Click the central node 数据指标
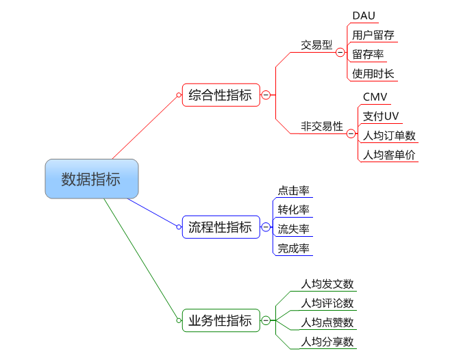click(x=92, y=179)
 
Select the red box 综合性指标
click(x=221, y=95)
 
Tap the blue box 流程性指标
click(x=221, y=227)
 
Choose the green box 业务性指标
click(x=221, y=320)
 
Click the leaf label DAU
click(x=364, y=16)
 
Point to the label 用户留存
click(x=373, y=35)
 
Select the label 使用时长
click(x=373, y=73)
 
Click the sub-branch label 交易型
click(x=316, y=45)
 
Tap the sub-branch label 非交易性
click(x=321, y=126)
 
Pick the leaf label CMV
click(x=375, y=97)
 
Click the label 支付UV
click(x=380, y=116)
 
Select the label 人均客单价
click(x=388, y=155)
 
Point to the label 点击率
click(x=293, y=190)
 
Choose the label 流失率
click(x=293, y=229)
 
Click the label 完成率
click(x=293, y=248)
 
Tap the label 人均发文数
click(x=327, y=284)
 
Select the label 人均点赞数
click(x=327, y=322)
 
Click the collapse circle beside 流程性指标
click(x=266, y=227)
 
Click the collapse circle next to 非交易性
click(x=351, y=133)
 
